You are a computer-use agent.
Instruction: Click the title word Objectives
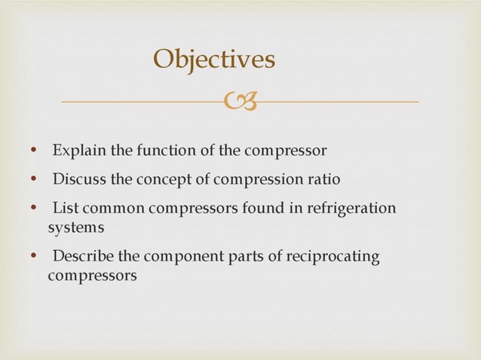pyautogui.click(x=214, y=59)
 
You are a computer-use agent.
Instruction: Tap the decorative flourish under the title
pyautogui.click(x=240, y=100)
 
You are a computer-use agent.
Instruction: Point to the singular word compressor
pyautogui.click(x=285, y=151)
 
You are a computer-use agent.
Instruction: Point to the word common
pyautogui.click(x=108, y=208)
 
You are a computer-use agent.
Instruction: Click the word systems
pyautogui.click(x=75, y=226)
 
